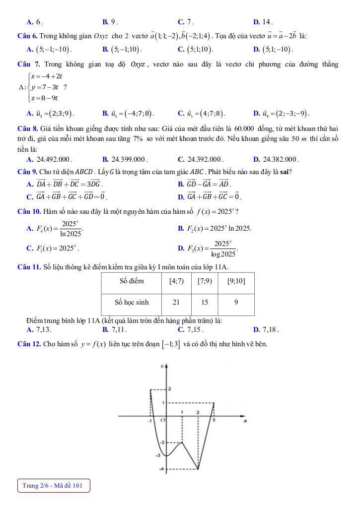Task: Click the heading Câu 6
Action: coord(26,36)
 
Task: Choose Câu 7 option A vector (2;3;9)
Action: coord(56,113)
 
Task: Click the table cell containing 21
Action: coord(176,301)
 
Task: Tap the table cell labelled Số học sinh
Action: coord(132,301)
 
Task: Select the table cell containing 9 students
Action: coord(236,301)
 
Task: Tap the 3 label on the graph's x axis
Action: coord(215,420)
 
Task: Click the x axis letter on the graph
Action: coord(244,421)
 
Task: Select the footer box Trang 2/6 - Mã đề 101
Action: coord(54,485)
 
